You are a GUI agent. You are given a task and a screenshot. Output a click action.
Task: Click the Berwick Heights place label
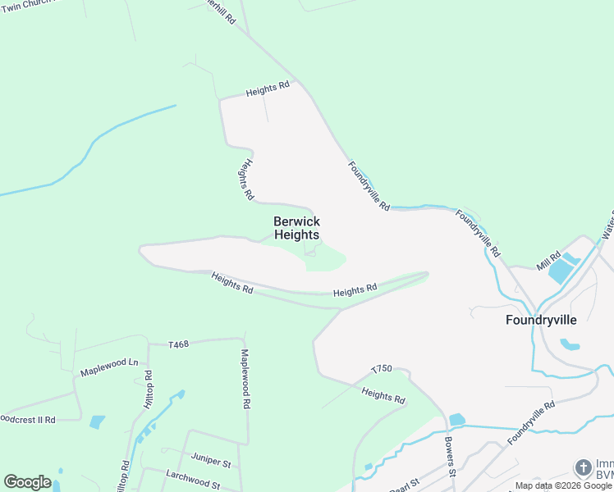296,228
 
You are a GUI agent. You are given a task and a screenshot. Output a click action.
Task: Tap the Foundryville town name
541,320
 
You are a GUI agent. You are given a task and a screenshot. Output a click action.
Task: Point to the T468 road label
178,344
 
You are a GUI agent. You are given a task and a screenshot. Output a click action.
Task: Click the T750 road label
383,370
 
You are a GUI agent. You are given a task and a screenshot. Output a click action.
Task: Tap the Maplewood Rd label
245,379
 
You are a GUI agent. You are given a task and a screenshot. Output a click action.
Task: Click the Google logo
27,482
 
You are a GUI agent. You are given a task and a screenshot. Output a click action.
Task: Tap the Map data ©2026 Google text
563,485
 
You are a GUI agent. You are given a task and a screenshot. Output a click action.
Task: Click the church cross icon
583,468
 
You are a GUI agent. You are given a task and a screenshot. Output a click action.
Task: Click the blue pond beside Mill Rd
561,270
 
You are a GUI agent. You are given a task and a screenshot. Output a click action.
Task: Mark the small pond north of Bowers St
457,420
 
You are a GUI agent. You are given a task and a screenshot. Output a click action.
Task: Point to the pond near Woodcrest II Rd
97,421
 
